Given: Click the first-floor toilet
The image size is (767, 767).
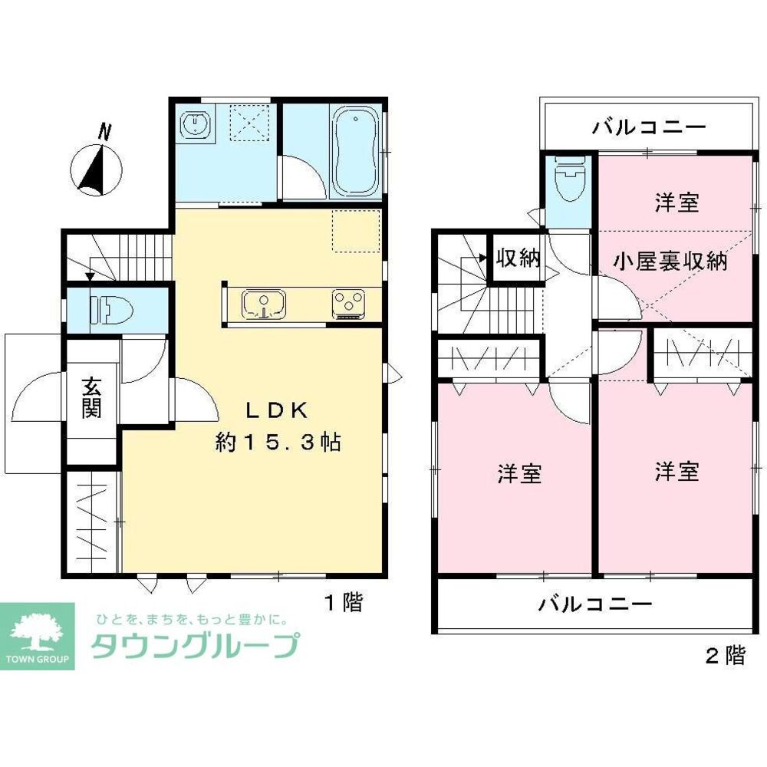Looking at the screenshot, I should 111,310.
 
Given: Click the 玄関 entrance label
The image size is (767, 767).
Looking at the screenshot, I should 91,397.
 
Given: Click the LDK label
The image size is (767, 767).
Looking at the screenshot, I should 277,411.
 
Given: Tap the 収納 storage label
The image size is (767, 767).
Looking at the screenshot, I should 517,258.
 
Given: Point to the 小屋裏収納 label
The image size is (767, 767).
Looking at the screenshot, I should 669,261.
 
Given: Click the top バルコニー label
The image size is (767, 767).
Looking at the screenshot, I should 648,127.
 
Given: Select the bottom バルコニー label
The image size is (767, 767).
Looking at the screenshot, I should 594,604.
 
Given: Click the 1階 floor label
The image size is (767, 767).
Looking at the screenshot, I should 341,602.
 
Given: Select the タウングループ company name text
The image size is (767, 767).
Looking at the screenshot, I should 193,646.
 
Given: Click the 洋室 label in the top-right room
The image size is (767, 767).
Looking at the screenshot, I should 676,203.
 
